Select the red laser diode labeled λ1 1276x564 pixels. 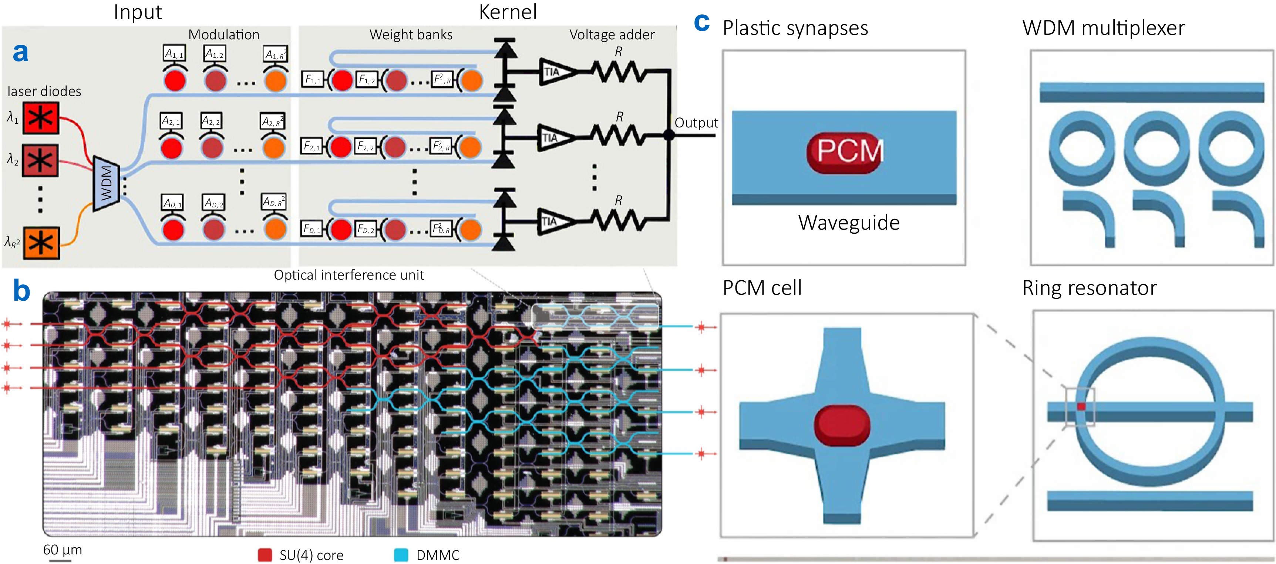click(41, 118)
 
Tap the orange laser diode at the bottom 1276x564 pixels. click(41, 243)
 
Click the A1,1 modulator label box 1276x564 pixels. click(174, 53)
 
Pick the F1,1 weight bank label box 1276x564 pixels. click(312, 79)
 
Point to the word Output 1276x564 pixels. click(696, 123)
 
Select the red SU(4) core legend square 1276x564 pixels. click(265, 555)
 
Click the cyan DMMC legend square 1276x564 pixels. click(401, 555)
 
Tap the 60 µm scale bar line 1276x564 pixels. click(60, 561)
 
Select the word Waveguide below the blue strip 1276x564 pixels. click(849, 223)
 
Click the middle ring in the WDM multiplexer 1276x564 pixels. click(1155, 148)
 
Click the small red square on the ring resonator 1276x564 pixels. click(1081, 406)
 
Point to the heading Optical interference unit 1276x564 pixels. click(349, 275)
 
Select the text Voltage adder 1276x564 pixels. click(612, 35)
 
